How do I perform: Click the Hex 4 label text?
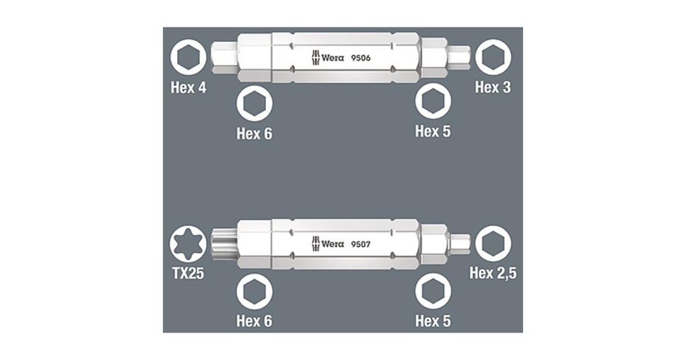pyautogui.click(x=188, y=89)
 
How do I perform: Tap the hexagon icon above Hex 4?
pyautogui.click(x=188, y=58)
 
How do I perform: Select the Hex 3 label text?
pyautogui.click(x=493, y=87)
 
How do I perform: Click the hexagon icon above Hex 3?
pyautogui.click(x=493, y=58)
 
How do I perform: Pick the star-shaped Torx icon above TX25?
pyautogui.click(x=188, y=243)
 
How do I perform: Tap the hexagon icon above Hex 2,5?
pyautogui.click(x=493, y=243)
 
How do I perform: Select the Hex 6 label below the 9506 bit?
pyautogui.click(x=254, y=134)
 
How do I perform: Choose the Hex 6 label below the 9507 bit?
pyautogui.click(x=254, y=321)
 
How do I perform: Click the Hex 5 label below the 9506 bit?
pyautogui.click(x=433, y=131)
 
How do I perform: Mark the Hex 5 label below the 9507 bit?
pyautogui.click(x=433, y=321)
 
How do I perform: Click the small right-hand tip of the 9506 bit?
pyautogui.click(x=459, y=58)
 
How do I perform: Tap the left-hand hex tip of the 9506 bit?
pyautogui.click(x=223, y=58)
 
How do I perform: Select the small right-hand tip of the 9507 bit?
pyautogui.click(x=460, y=243)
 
